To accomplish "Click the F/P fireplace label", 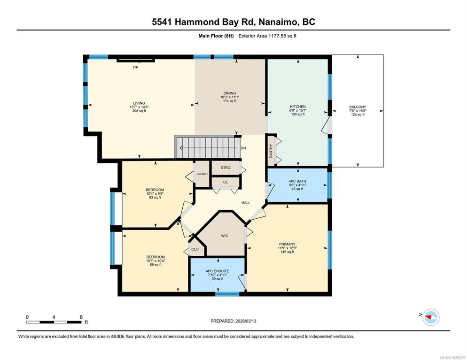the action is (135, 67).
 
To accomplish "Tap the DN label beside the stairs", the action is (243, 148).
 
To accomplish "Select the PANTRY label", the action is (271, 151).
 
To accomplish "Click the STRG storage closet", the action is (226, 168).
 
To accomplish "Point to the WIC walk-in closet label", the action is (225, 236).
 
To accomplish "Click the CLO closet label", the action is (195, 249).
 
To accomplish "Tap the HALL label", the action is (246, 203).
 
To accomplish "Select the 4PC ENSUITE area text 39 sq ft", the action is (218, 279).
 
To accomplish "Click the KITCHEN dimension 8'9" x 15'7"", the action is (298, 110).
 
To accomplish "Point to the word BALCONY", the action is (358, 107).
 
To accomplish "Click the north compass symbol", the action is (431, 317).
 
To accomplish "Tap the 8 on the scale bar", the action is (81, 317).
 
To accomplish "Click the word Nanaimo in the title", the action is (278, 22).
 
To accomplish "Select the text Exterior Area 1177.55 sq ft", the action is (267, 36).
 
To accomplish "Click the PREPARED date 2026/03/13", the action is (246, 321).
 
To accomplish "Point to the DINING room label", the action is (230, 93).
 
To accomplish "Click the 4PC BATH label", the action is (297, 181).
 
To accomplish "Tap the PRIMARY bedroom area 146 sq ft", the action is (287, 252).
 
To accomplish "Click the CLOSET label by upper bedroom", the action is (202, 174).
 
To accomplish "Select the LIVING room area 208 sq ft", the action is (139, 111).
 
